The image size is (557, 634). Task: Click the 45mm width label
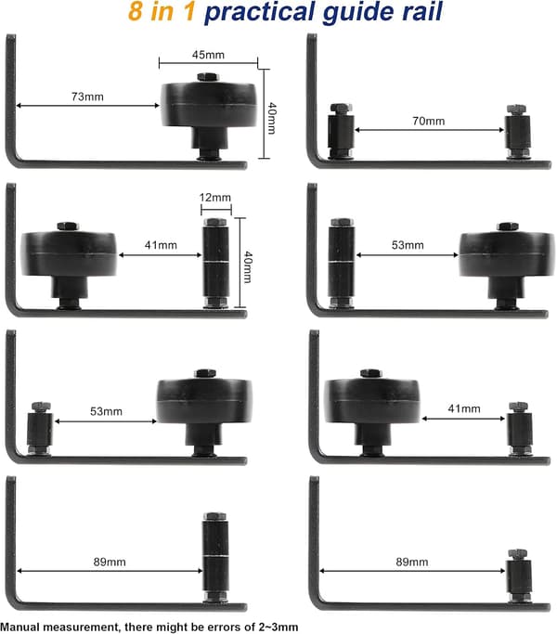coord(208,55)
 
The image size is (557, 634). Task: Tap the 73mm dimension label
coord(87,97)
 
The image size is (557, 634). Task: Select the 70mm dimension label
coord(428,121)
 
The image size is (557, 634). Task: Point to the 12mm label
coord(214,198)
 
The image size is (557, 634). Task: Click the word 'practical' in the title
coord(260,12)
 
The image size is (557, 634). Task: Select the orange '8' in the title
coord(136,11)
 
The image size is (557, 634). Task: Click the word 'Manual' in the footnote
coord(19,628)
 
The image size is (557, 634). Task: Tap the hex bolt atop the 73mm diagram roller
coord(208,77)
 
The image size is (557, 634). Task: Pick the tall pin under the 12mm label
coord(215,263)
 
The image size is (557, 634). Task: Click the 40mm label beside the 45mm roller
coord(272,118)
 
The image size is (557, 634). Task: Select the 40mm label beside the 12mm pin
coord(248,266)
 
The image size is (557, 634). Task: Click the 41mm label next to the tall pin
coord(161,245)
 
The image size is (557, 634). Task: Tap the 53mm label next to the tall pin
coord(408,245)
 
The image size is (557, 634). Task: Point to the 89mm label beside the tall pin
coord(110,562)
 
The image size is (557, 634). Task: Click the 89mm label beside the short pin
coord(412,562)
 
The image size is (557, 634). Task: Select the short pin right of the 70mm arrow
coord(517,132)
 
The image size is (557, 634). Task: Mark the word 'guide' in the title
coord(358,13)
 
